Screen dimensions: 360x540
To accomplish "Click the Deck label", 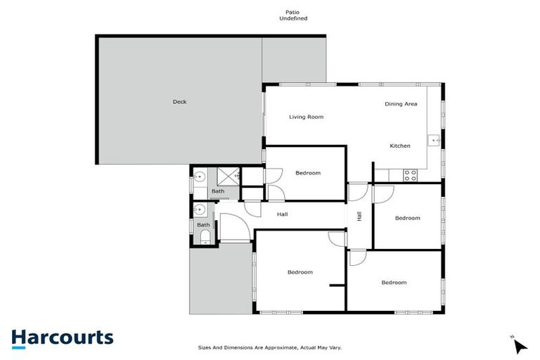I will click(x=180, y=102).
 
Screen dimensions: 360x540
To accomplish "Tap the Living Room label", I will click(x=306, y=117).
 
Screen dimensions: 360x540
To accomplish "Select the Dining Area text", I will click(x=401, y=104).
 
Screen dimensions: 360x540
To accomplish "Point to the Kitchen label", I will click(x=400, y=146).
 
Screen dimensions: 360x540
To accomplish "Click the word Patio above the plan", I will click(x=293, y=12).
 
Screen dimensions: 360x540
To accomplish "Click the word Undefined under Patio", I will click(x=293, y=19).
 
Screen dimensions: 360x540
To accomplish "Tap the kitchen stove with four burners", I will click(x=409, y=174).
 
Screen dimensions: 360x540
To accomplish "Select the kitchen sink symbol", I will click(x=436, y=141).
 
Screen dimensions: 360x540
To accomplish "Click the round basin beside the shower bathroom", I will click(x=200, y=176).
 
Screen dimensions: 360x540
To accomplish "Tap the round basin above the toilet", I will click(x=200, y=209).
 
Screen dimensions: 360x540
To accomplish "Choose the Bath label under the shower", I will click(x=218, y=191).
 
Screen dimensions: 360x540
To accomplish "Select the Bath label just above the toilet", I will click(x=203, y=225).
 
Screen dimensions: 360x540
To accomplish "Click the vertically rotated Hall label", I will click(x=359, y=217).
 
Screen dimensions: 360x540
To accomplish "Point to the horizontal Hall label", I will click(x=282, y=214).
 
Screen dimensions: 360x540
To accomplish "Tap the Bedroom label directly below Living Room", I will click(x=308, y=173).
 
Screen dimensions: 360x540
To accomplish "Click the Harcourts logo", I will click(x=62, y=337).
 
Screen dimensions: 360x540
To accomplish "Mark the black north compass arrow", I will click(x=520, y=346).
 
